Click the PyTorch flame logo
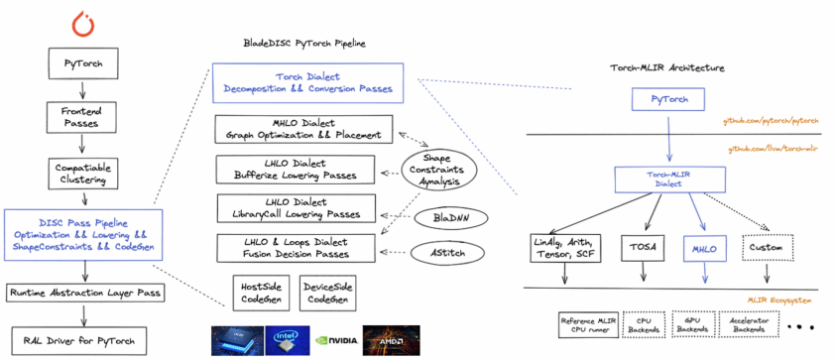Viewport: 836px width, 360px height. (81, 22)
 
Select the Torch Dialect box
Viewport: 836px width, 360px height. (307, 82)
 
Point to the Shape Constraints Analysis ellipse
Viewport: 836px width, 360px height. (438, 170)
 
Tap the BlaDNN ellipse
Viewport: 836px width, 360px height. (438, 215)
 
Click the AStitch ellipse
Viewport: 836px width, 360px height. (438, 253)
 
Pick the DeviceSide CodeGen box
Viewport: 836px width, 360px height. (329, 292)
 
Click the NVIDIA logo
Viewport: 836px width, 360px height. (333, 340)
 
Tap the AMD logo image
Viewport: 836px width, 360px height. (391, 340)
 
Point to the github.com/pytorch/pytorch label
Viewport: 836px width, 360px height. (774, 121)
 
